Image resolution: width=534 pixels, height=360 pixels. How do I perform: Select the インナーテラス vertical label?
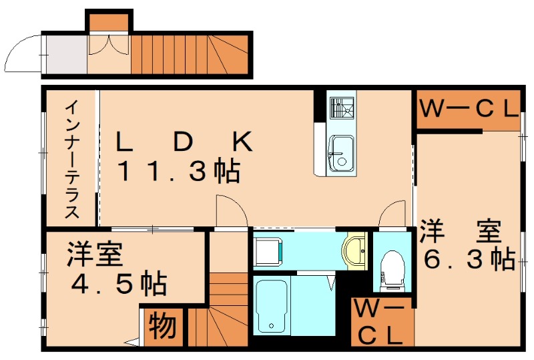point(72,160)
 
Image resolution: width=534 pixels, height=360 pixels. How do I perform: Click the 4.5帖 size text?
point(119,285)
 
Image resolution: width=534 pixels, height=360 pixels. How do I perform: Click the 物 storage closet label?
point(162,327)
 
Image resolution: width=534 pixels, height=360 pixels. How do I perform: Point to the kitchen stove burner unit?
point(343,108)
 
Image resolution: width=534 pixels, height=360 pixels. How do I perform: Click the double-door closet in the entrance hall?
point(109,47)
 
